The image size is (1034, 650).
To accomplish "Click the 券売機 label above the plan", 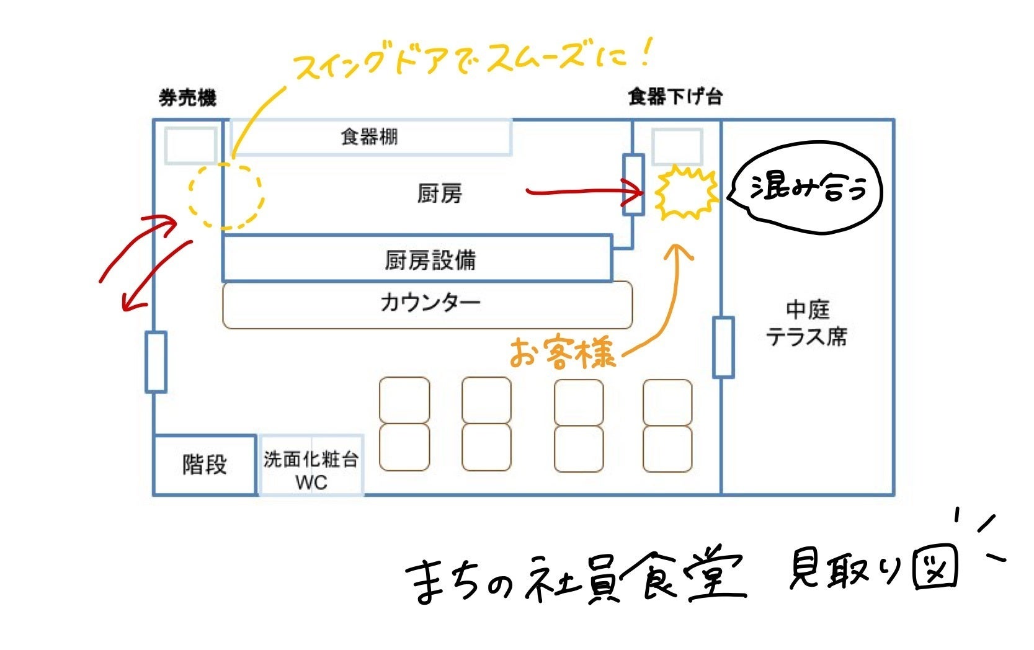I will (187, 98).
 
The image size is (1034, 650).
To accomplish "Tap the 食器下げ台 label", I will (675, 97).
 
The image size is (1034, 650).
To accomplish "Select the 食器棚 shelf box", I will (370, 137).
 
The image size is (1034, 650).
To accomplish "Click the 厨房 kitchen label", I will (439, 194).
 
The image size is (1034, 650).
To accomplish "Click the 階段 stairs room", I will (205, 465).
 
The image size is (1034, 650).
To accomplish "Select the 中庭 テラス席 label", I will (806, 323).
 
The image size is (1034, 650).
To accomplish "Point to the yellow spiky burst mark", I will (685, 193).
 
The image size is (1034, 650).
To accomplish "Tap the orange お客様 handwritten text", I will (563, 354).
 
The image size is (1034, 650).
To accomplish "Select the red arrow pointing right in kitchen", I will (583, 192).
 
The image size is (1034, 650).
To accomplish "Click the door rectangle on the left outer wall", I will (156, 362).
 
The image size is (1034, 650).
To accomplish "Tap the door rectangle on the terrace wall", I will (723, 347).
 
